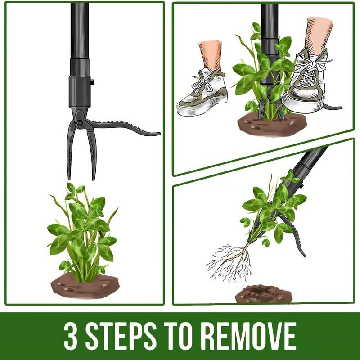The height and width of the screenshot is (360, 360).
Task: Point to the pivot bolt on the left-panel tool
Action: tap(79, 123)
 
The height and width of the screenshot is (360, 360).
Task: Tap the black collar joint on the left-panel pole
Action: tap(80, 92)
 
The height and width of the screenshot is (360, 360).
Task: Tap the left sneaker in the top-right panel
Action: tap(202, 92)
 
